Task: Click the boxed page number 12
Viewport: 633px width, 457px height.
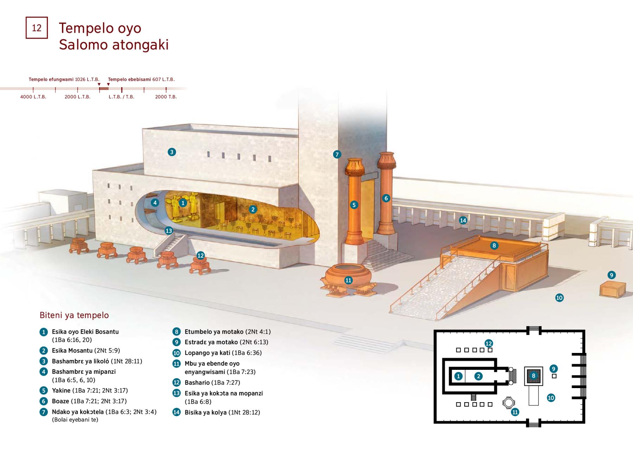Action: [37, 28]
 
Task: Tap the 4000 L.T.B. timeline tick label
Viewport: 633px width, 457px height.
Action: [33, 97]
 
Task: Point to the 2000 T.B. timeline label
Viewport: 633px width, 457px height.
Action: [166, 97]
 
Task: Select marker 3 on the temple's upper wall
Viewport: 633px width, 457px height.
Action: [172, 152]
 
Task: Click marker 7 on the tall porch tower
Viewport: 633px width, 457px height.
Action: [337, 154]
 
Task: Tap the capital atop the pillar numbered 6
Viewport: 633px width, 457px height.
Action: [386, 160]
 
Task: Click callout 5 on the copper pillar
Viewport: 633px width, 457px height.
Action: [354, 205]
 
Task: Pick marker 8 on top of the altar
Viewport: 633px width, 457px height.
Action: [494, 245]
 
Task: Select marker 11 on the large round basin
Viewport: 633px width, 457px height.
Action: [348, 280]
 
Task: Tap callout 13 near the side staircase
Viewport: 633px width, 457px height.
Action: [169, 231]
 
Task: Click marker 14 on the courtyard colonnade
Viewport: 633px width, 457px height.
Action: [463, 220]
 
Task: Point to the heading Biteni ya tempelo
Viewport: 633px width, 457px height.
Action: [74, 315]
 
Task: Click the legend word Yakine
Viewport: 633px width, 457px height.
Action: [61, 390]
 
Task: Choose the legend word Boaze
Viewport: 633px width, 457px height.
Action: [60, 401]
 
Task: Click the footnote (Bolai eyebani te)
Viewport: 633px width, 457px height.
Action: [75, 420]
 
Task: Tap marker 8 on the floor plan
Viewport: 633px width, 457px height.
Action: [533, 376]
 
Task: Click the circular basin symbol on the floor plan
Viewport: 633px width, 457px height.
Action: [509, 403]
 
